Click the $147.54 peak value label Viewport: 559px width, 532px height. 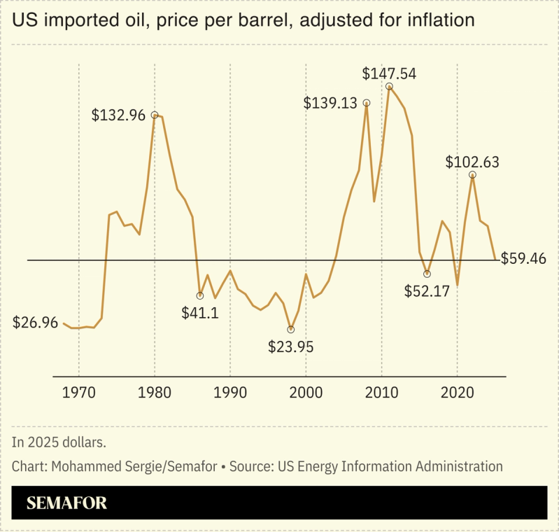point(389,73)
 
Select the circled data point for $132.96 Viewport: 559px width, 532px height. point(155,115)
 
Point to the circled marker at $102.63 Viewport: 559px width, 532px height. point(472,174)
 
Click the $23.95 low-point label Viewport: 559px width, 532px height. point(291,346)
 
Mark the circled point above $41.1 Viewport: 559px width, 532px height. point(200,295)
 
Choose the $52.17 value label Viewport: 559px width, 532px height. point(427,290)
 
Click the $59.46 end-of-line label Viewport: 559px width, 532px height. point(523,259)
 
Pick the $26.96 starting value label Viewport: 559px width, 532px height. point(36,323)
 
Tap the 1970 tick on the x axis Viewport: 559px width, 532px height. point(78,393)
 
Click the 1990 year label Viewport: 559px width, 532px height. point(230,393)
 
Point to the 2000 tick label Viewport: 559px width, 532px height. point(306,393)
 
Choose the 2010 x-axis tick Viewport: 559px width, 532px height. point(381,393)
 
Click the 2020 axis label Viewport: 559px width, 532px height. point(457,393)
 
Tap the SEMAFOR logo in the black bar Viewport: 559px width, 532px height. point(66,503)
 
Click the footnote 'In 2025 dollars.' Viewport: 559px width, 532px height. point(59,442)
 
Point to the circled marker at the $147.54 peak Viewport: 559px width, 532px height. point(389,87)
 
